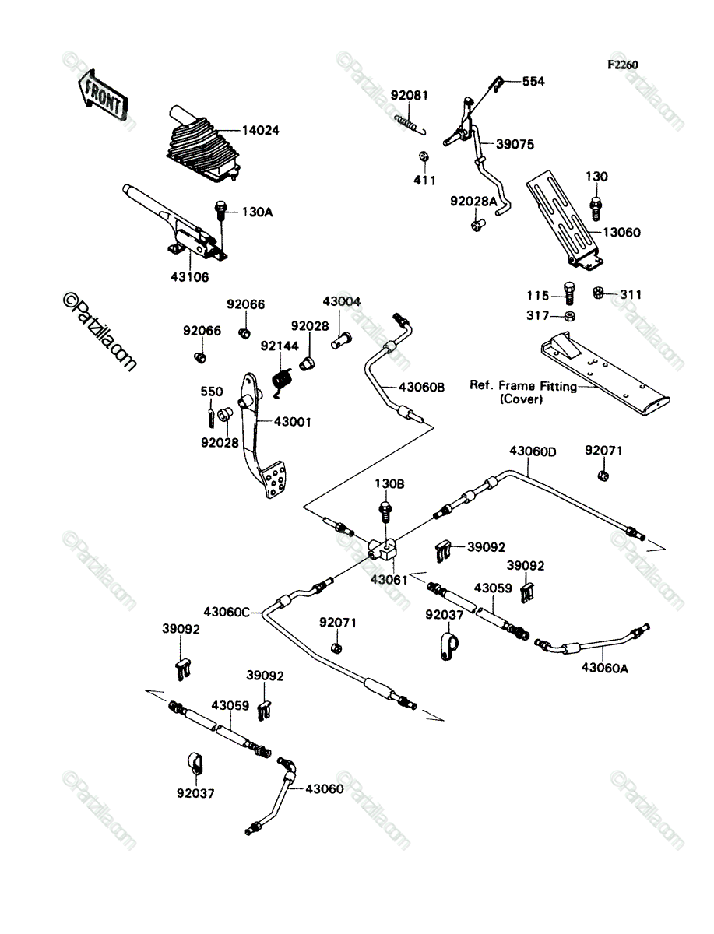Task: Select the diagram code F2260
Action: pos(623,65)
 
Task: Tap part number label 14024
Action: pos(261,131)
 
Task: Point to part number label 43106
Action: pos(190,277)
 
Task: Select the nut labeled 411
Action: pos(423,156)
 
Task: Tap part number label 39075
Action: pos(515,145)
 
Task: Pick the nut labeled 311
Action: pos(598,293)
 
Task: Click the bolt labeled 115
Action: pos(570,293)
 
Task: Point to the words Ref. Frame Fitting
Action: pos(523,386)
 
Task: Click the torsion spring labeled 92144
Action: pos(282,381)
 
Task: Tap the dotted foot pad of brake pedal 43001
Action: pos(274,479)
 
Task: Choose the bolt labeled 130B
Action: pos(385,511)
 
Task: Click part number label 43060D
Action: pos(533,451)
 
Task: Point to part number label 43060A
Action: pos(605,669)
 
